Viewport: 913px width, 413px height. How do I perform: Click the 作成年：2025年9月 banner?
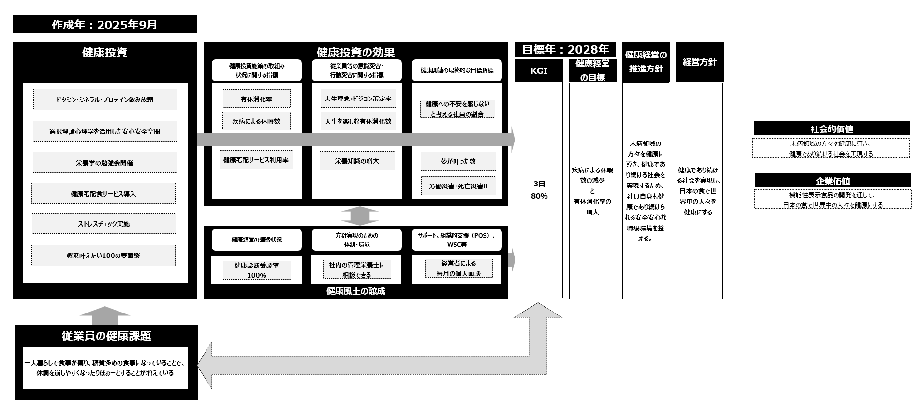[104, 25]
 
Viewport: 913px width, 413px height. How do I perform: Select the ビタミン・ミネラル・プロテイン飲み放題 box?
[105, 100]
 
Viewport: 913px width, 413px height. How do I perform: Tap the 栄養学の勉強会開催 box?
[104, 163]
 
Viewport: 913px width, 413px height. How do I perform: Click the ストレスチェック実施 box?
[104, 224]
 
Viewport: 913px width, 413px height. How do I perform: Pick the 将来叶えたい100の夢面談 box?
[103, 256]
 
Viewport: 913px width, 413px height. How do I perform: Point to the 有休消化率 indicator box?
[256, 99]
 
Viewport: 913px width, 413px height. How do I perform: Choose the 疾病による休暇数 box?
[256, 121]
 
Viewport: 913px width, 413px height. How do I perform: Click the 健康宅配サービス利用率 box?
[256, 160]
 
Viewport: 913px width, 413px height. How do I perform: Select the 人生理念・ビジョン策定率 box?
[358, 99]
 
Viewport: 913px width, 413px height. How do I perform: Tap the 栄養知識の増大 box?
[357, 161]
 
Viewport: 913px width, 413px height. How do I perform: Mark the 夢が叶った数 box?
[458, 161]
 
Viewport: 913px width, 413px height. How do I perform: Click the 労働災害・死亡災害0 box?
[458, 186]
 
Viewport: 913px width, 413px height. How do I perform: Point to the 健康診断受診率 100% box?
[257, 270]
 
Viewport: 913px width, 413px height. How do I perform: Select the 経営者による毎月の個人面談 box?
[458, 269]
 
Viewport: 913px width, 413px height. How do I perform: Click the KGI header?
[539, 71]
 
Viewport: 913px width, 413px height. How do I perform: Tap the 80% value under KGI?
[539, 196]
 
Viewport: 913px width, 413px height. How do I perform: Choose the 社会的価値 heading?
[831, 128]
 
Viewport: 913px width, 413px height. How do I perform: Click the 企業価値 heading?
[832, 181]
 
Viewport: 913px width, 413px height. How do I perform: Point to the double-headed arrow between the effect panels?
[359, 216]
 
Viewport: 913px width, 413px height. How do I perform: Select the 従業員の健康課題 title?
[106, 336]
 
